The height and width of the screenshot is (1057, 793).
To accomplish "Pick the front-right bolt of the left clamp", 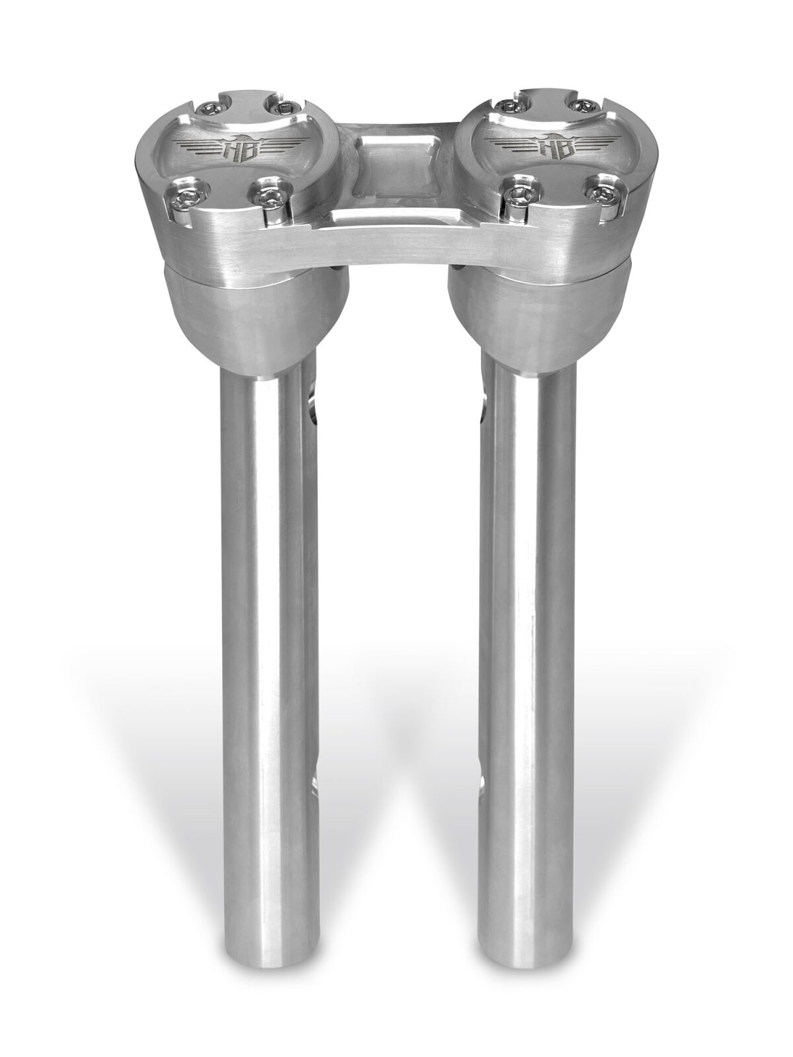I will (266, 198).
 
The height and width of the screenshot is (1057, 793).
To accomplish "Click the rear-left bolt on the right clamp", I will (508, 107).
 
